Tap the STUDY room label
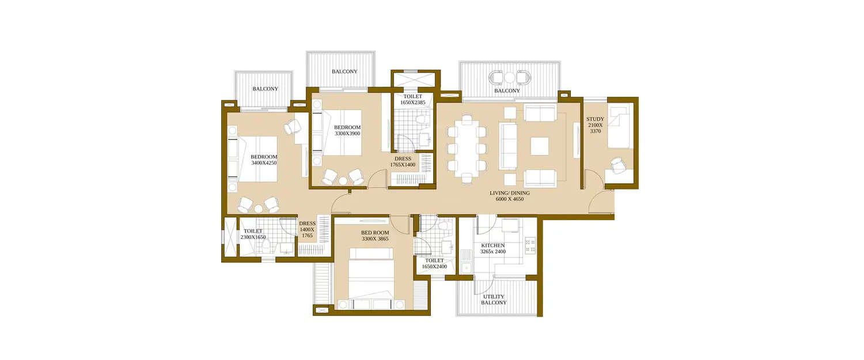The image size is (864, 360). point(595,125)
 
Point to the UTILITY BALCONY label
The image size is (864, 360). point(494,300)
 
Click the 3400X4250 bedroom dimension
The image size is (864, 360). point(264,163)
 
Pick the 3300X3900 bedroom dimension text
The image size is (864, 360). point(347,134)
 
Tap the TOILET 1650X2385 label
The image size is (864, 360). point(412,99)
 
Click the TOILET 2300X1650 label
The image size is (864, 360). point(252,234)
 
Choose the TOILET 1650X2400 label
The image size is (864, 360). point(434,263)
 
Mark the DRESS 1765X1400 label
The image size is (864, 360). point(403,162)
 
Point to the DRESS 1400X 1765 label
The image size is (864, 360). point(307,229)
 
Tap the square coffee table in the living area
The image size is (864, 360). point(540,146)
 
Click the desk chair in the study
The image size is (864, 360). point(617,165)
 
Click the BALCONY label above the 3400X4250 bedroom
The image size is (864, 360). point(265,89)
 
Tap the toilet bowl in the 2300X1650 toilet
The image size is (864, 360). point(266,246)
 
